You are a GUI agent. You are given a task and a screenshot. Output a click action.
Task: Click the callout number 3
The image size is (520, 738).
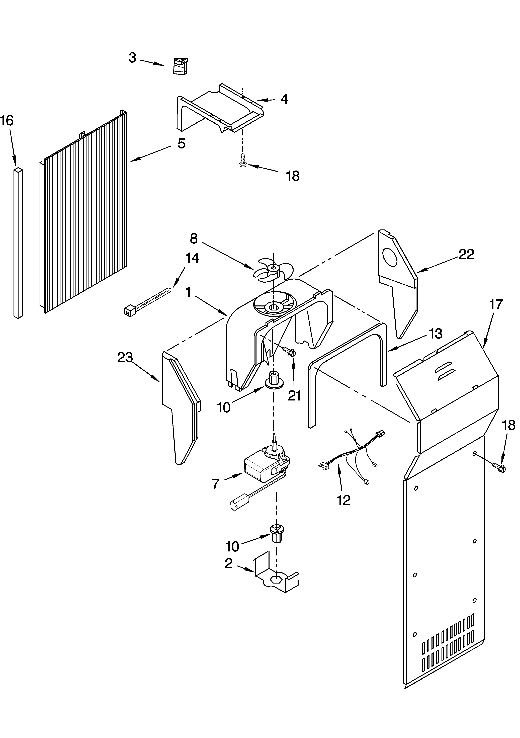coord(132,58)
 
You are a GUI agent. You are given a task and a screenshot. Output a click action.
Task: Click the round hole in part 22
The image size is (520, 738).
coord(390,257)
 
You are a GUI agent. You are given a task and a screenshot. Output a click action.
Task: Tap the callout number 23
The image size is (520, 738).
coord(125,357)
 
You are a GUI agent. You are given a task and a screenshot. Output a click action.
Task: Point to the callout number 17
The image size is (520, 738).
coord(496,304)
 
